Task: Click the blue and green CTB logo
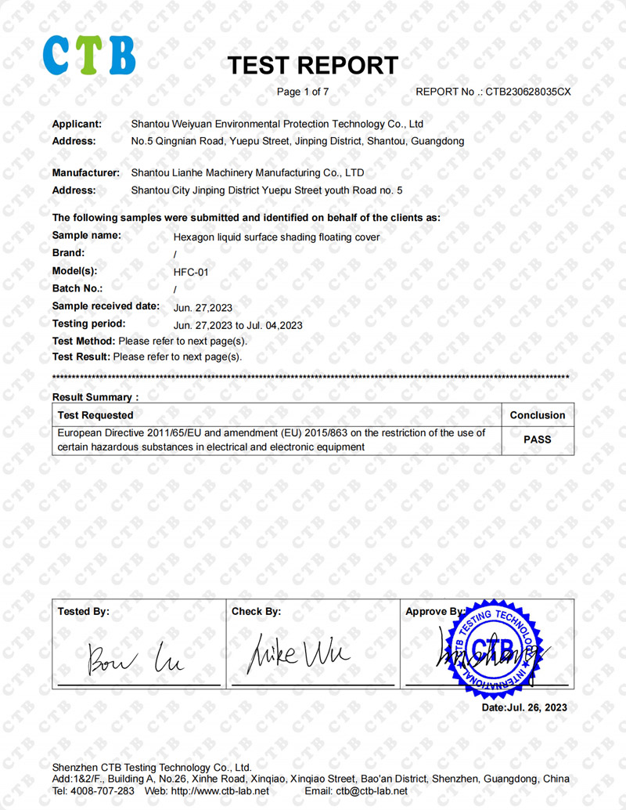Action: coord(88,54)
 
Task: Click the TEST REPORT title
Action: coord(312,66)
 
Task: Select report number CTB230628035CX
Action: coord(528,92)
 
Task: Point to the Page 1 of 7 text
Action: coord(303,92)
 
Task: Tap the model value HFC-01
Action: coord(190,272)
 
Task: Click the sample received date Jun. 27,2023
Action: coord(202,307)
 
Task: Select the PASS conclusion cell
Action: coord(537,439)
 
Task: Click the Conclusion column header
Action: coord(537,415)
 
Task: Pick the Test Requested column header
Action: coord(95,415)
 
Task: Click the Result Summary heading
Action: coord(95,398)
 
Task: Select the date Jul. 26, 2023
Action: coord(525,707)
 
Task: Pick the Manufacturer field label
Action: coord(85,172)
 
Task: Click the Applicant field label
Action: coord(77,124)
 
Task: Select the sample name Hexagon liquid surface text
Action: coord(276,237)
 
